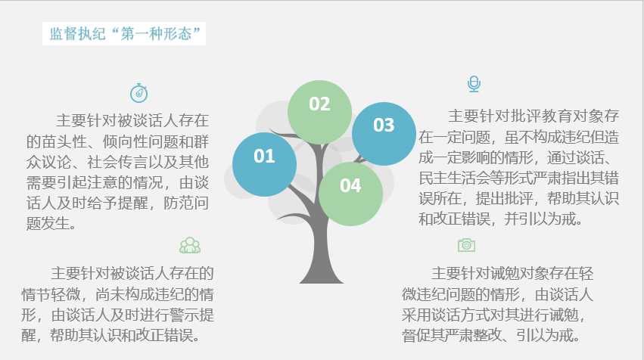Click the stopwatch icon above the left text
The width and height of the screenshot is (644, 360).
(x=138, y=93)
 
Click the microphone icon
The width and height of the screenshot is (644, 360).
(x=474, y=84)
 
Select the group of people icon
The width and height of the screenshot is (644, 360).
(x=189, y=245)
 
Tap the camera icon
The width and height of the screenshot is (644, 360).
(x=466, y=244)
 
